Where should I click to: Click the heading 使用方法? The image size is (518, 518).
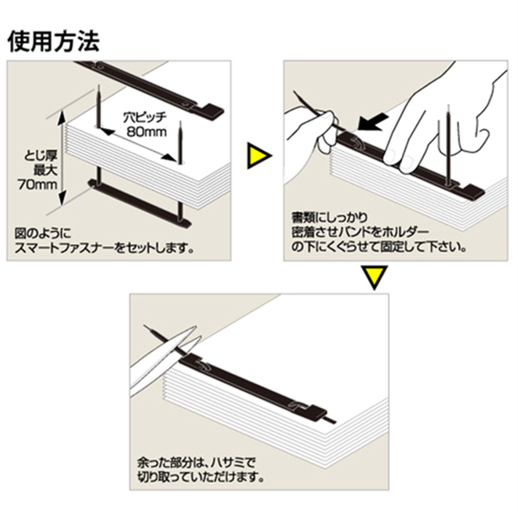(53, 41)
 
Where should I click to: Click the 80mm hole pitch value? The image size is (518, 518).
(147, 132)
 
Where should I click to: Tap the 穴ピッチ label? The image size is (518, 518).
(145, 117)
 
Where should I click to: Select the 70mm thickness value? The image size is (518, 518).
(38, 185)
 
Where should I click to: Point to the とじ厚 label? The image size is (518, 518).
(41, 155)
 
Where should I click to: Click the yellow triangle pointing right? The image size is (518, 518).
(258, 156)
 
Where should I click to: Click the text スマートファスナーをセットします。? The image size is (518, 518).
(104, 248)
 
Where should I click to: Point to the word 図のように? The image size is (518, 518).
(43, 233)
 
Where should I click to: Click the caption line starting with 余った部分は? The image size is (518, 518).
(197, 462)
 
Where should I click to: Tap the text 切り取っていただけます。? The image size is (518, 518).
(201, 477)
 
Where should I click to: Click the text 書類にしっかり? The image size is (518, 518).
(330, 218)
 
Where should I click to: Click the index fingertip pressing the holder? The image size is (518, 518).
(392, 156)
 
